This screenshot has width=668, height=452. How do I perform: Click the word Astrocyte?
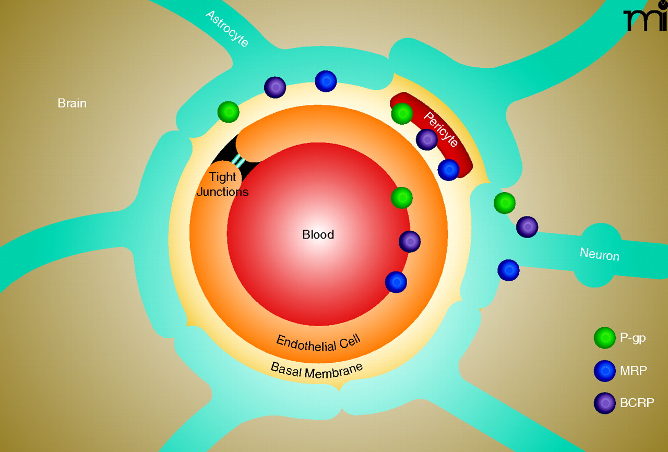(x=227, y=28)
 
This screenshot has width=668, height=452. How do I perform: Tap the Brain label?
(x=72, y=103)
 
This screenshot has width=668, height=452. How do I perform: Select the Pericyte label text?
(x=440, y=129)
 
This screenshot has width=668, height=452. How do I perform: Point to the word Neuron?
(x=600, y=255)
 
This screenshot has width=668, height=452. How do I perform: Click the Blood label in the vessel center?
(x=318, y=235)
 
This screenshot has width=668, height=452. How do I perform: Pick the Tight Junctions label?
(x=223, y=184)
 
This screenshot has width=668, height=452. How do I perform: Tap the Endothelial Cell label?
(x=319, y=343)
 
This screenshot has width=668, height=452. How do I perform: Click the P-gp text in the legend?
(x=633, y=338)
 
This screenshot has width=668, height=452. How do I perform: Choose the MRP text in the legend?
(x=634, y=371)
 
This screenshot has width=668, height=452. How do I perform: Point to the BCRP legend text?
(x=637, y=403)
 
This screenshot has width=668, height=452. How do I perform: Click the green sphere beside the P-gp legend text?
(x=605, y=338)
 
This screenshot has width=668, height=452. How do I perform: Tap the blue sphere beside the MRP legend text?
(x=605, y=371)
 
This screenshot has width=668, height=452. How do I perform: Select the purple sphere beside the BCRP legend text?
(x=605, y=403)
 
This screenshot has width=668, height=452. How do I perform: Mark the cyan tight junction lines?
(x=238, y=160)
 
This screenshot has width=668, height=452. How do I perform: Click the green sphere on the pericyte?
(x=402, y=113)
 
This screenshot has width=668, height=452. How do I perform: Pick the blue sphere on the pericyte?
(x=448, y=170)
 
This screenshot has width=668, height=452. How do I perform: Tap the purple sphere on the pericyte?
(x=427, y=139)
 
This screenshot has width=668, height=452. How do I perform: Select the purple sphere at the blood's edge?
(x=410, y=242)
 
